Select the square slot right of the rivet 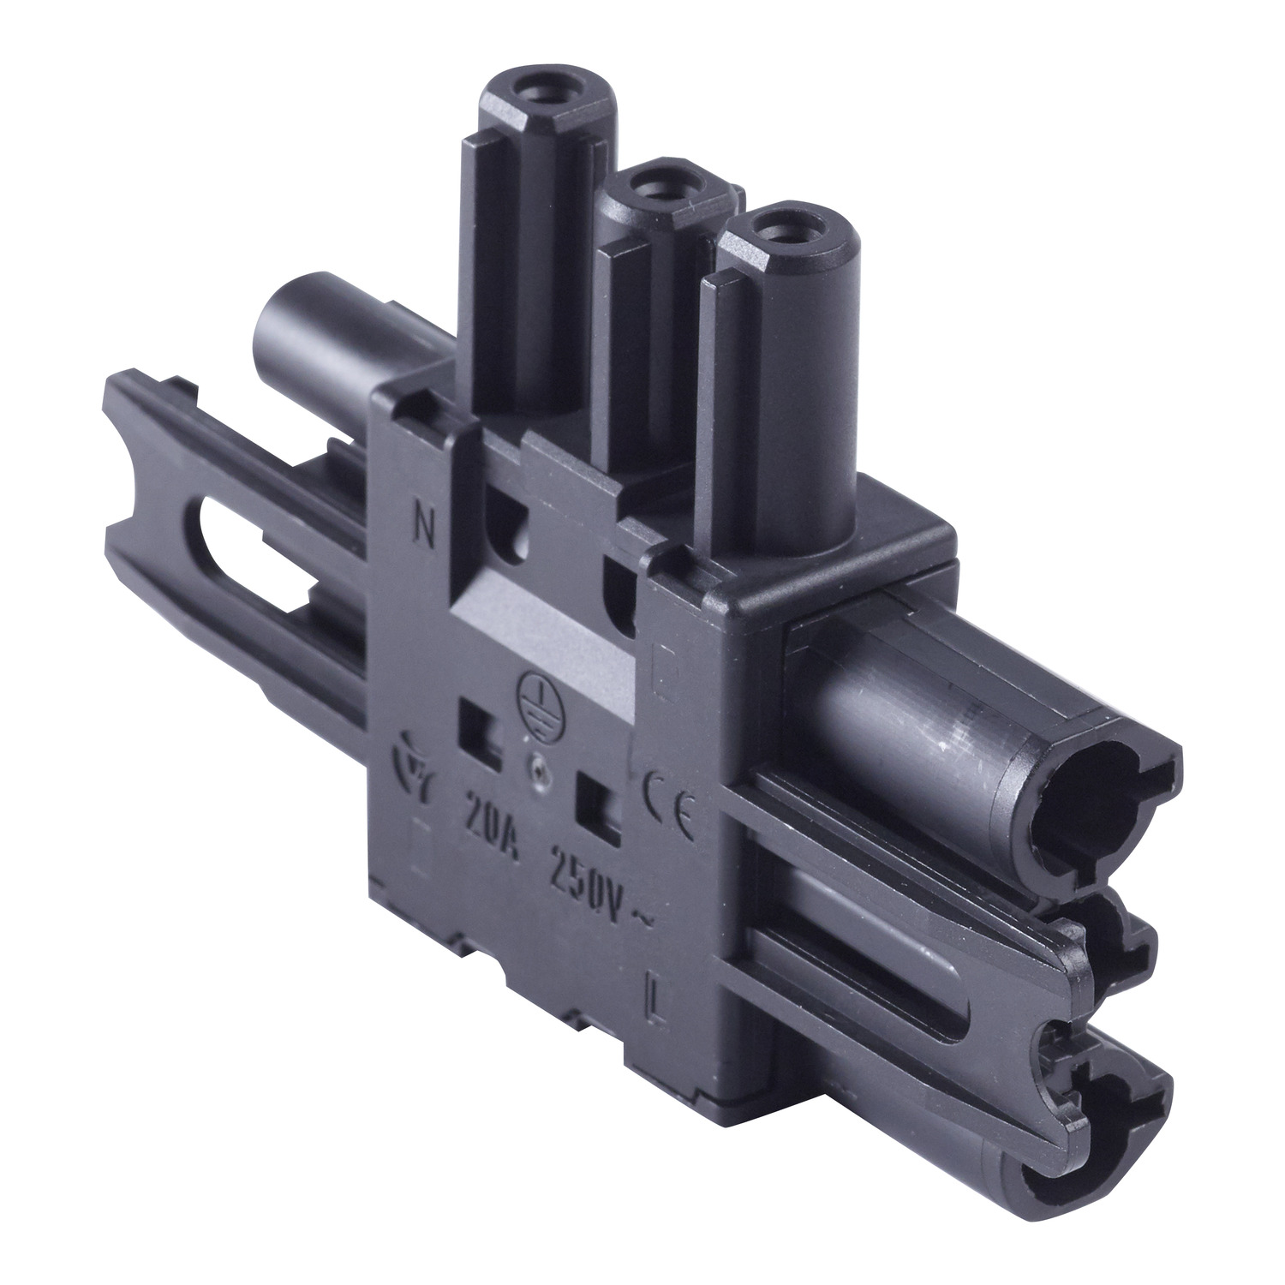[600, 800]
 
